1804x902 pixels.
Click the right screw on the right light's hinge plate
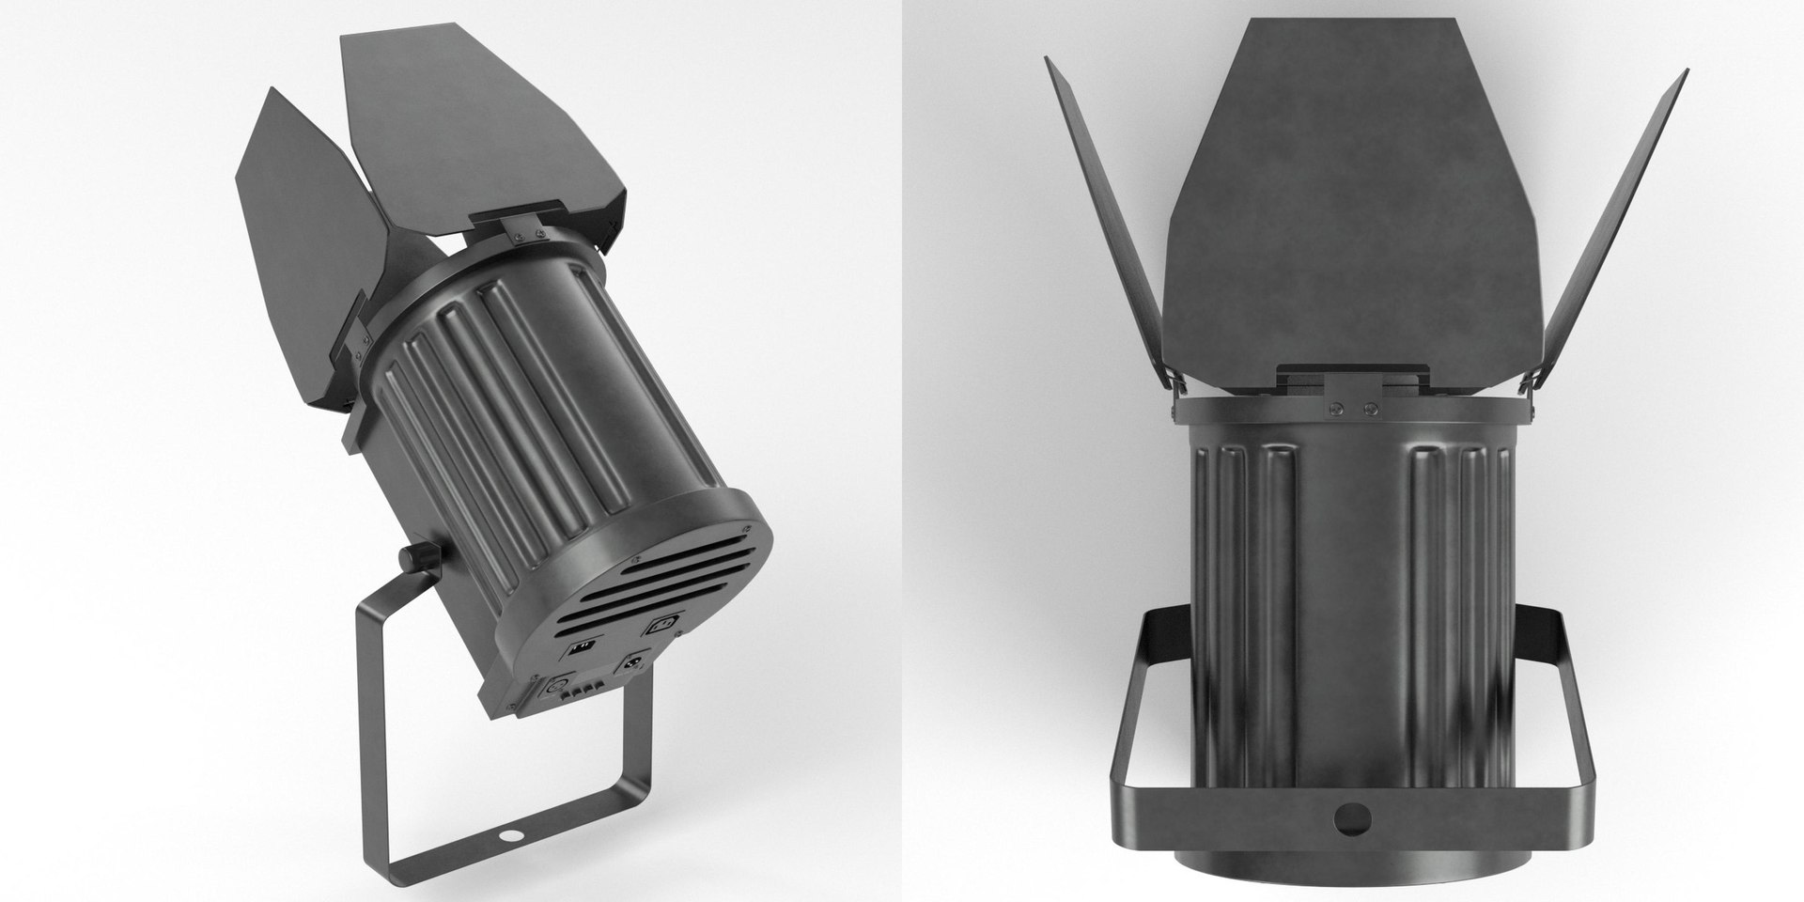pyautogui.click(x=1370, y=409)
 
